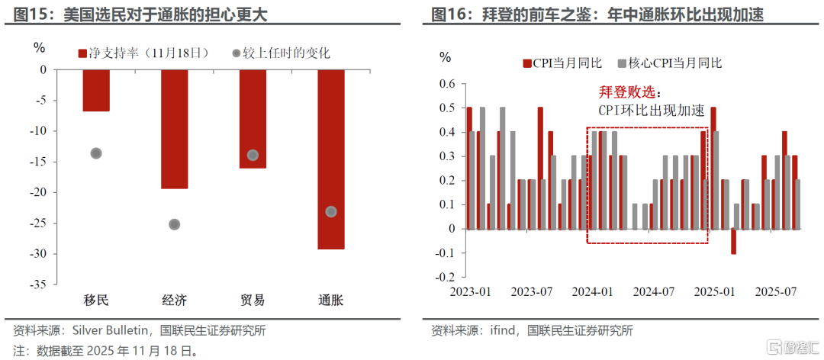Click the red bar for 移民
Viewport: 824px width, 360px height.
click(x=96, y=90)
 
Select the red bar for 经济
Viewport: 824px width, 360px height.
click(x=174, y=128)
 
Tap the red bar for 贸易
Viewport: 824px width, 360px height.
click(x=253, y=118)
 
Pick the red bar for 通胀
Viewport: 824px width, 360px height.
click(x=330, y=159)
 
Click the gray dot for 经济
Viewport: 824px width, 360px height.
click(x=174, y=224)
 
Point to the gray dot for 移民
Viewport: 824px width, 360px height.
click(x=96, y=153)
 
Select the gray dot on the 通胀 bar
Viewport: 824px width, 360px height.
click(x=330, y=211)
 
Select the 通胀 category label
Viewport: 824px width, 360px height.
click(x=330, y=300)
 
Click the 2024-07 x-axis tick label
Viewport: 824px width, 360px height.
click(x=654, y=291)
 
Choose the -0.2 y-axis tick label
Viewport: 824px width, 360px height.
click(x=446, y=277)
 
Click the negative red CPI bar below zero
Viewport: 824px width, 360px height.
click(x=733, y=241)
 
